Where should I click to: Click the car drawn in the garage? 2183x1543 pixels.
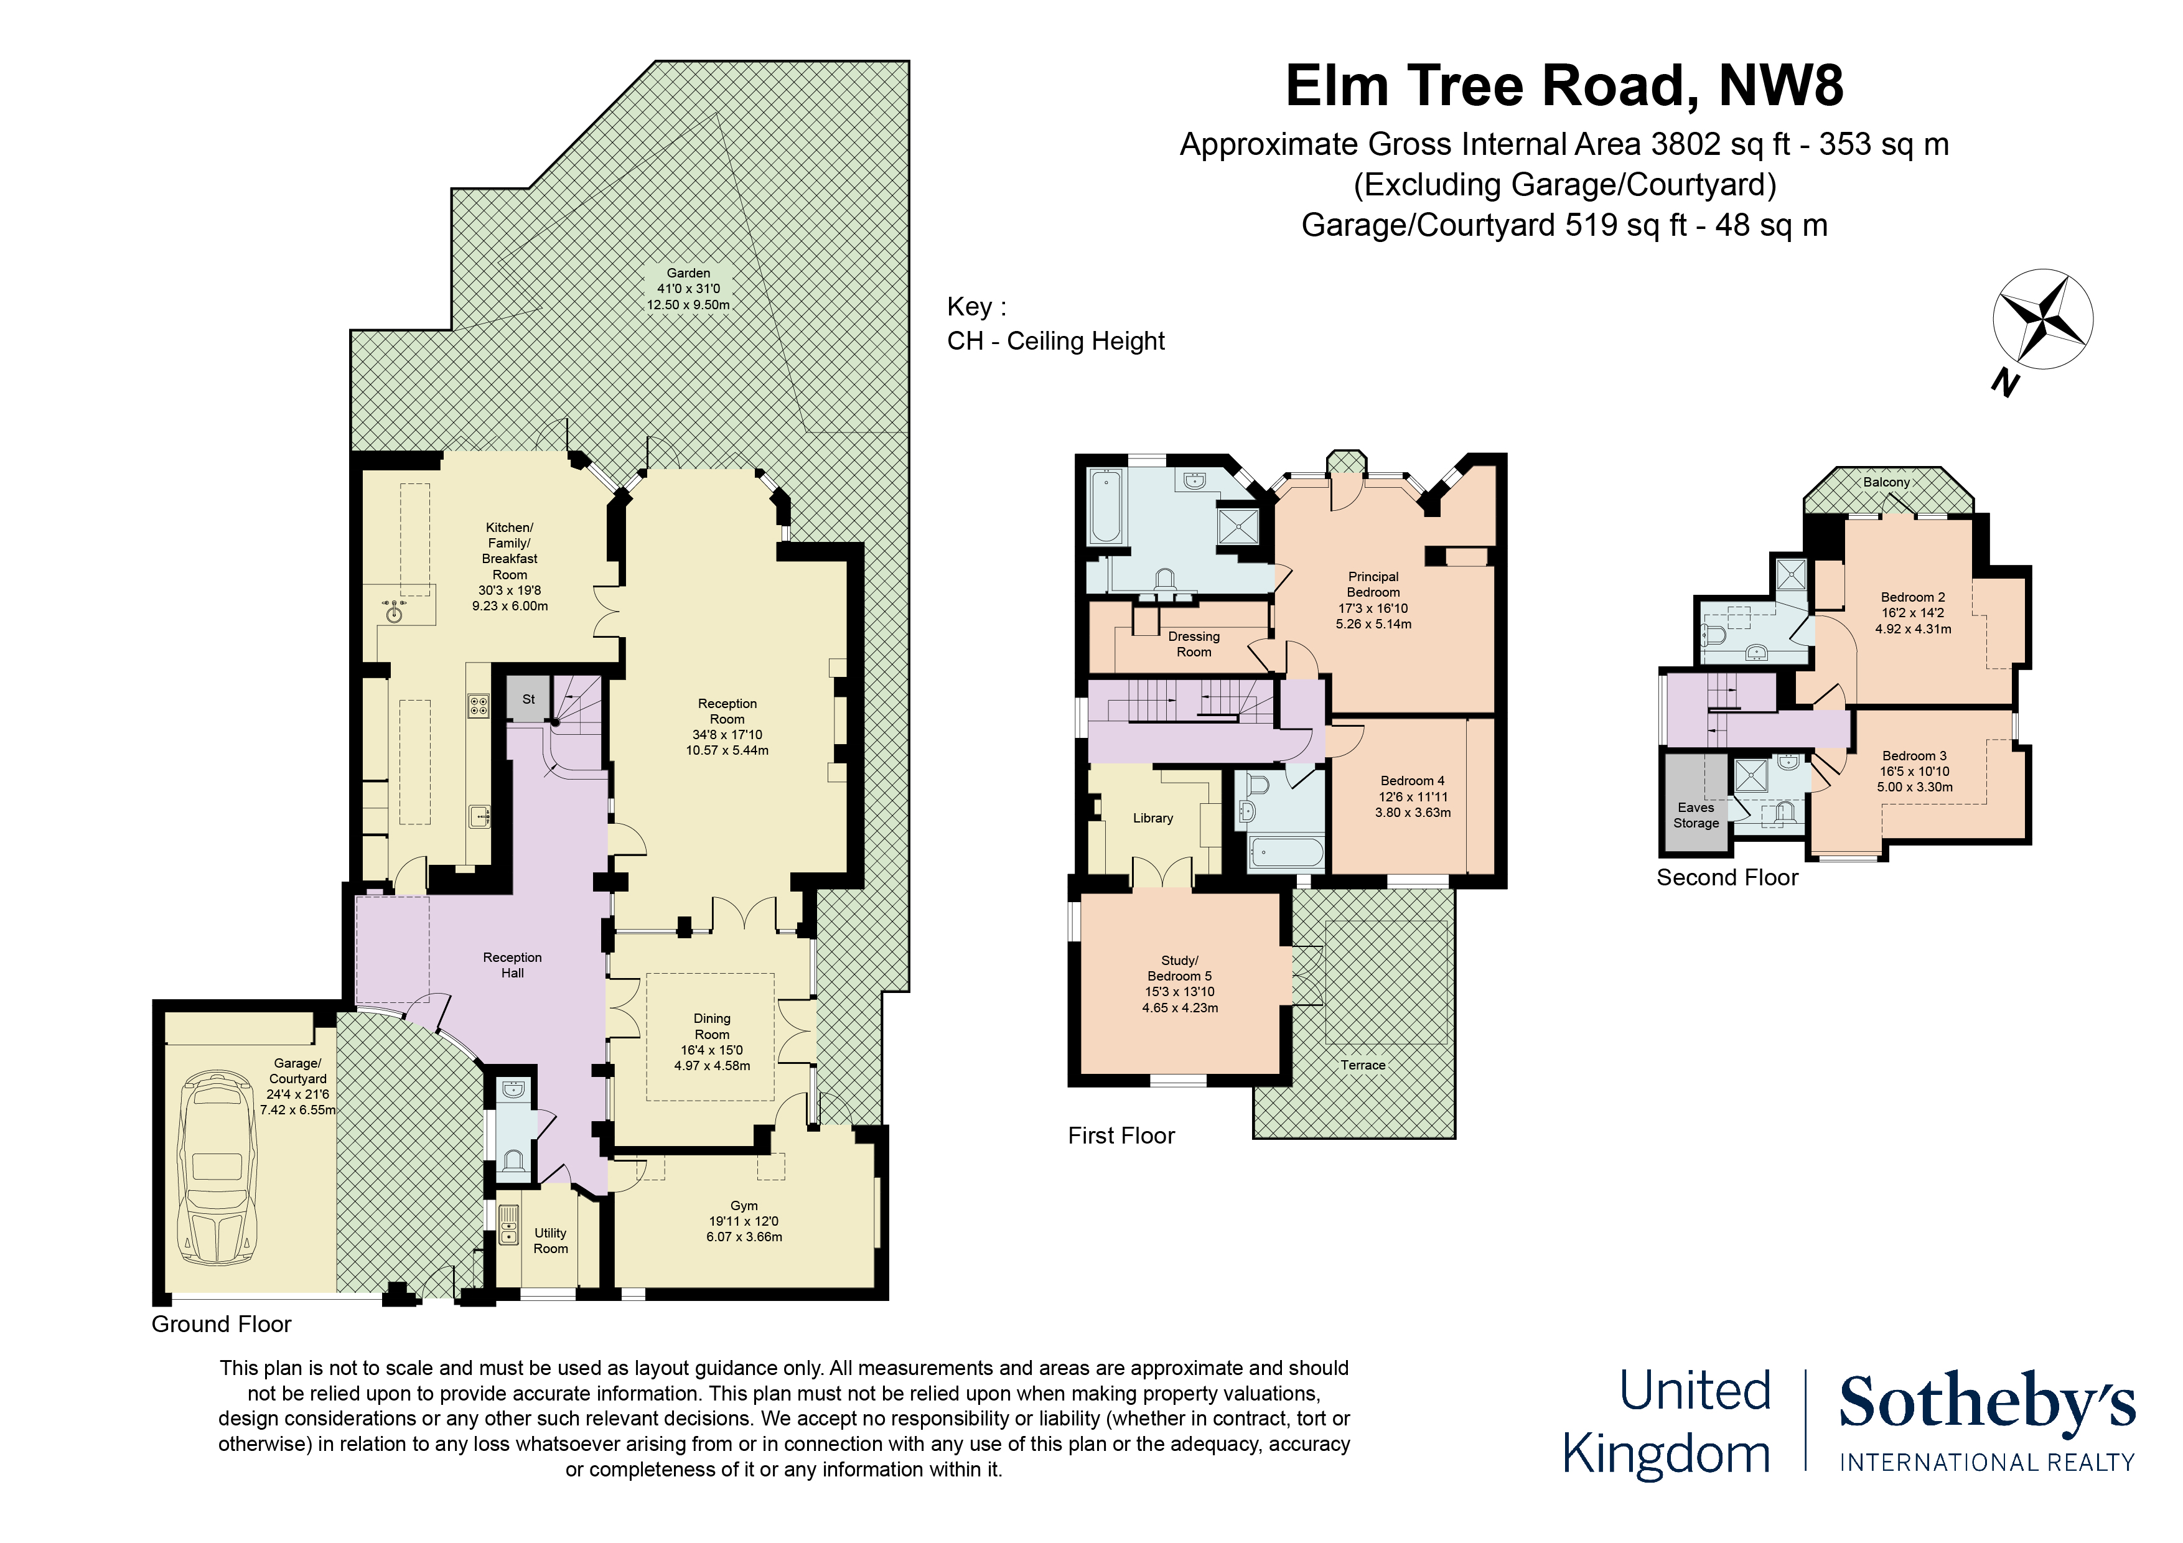point(218,1167)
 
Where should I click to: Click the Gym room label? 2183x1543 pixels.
point(744,1221)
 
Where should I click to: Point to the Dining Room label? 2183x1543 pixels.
point(712,1042)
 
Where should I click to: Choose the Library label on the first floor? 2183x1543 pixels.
point(1152,818)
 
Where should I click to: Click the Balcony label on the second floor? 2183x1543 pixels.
point(1886,482)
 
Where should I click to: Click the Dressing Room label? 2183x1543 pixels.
point(1194,643)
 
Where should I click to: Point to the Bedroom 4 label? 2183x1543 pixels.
point(1413,796)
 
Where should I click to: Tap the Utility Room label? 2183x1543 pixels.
point(551,1241)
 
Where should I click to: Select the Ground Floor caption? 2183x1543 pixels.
point(222,1325)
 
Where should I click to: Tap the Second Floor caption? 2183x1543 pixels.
point(1727,877)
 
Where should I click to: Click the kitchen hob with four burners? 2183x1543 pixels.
point(479,706)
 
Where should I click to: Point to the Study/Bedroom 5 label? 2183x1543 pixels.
point(1180,984)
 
